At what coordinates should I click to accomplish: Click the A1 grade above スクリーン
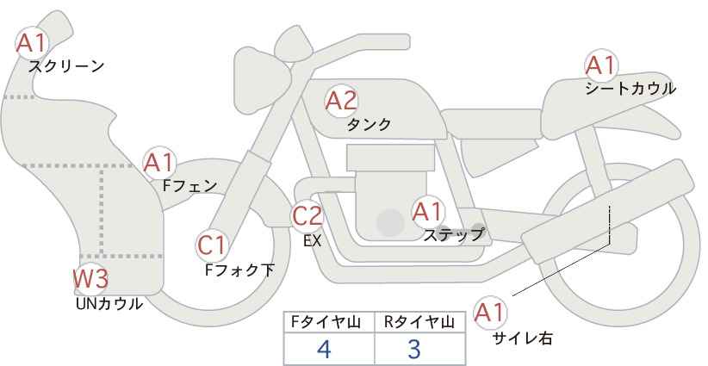(x=32, y=43)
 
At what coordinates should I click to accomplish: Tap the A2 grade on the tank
(x=341, y=101)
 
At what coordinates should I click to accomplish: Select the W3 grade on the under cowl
(x=90, y=278)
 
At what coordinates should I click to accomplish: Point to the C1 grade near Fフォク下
(x=212, y=245)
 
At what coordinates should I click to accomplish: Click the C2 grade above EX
(x=307, y=215)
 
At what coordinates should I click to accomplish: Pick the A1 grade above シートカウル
(x=601, y=65)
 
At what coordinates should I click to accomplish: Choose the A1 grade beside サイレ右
(x=490, y=313)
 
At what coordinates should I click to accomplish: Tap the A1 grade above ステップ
(x=428, y=212)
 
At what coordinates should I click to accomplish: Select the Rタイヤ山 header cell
(x=420, y=322)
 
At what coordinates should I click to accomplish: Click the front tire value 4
(x=324, y=349)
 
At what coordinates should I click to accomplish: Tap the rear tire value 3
(x=414, y=349)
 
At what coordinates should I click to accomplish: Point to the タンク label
(x=369, y=124)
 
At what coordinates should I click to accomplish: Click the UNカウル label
(x=109, y=304)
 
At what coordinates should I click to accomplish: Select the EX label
(x=313, y=241)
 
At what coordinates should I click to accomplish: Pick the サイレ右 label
(x=523, y=338)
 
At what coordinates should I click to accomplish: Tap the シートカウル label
(x=630, y=89)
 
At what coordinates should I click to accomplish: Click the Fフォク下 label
(x=239, y=270)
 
